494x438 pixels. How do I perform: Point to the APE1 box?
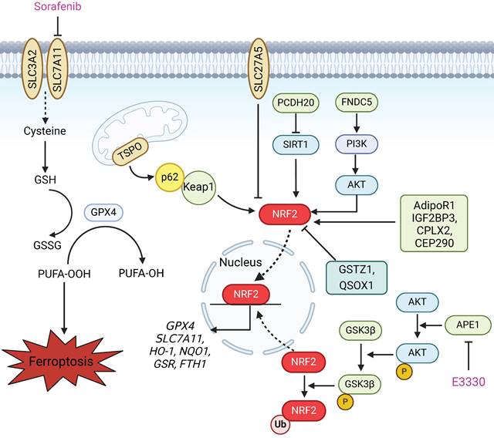(x=468, y=326)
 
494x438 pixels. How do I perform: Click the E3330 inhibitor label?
(x=468, y=381)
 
